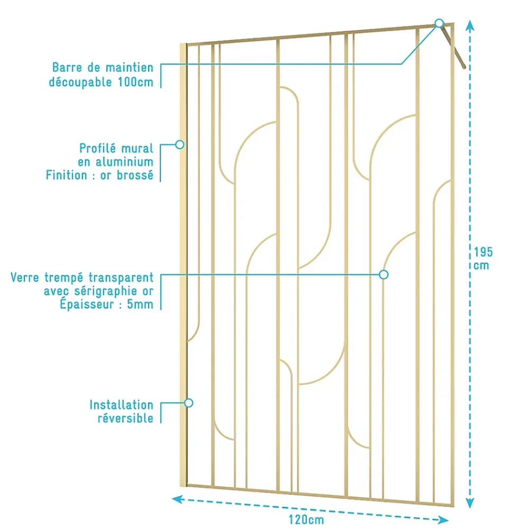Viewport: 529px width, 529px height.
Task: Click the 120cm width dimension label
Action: [x=306, y=519]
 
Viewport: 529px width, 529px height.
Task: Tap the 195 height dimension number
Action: [x=483, y=252]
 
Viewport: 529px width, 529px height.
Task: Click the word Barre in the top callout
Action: [x=67, y=68]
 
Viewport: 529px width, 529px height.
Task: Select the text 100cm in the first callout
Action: [x=135, y=82]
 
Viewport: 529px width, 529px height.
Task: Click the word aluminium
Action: [x=124, y=162]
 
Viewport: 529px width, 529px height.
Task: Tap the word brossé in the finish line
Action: [x=135, y=175]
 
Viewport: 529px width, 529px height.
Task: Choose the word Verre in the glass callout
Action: [x=25, y=277]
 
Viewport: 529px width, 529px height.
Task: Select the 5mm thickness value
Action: [x=140, y=304]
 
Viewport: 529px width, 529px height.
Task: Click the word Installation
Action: [x=122, y=405]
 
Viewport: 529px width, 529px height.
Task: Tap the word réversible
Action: [x=125, y=418]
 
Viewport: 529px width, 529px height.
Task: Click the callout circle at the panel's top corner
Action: [x=439, y=23]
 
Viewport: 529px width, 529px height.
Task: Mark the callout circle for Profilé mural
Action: [x=179, y=144]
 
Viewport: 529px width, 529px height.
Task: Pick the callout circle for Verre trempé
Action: [x=384, y=274]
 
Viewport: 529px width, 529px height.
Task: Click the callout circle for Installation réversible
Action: [x=189, y=403]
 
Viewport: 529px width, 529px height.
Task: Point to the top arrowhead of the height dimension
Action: [x=470, y=25]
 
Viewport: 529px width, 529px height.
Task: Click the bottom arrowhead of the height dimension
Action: [x=470, y=503]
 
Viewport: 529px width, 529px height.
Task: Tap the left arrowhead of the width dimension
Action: [x=177, y=499]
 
